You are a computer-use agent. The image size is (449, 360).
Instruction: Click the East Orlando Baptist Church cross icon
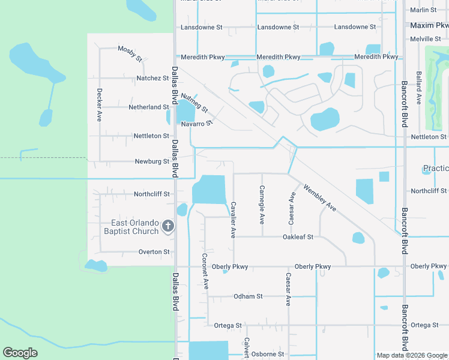tap(168, 226)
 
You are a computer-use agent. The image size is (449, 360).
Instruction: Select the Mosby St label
tap(130, 53)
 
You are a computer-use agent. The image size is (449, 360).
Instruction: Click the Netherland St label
tap(149, 107)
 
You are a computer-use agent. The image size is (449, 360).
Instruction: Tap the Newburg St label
tap(152, 161)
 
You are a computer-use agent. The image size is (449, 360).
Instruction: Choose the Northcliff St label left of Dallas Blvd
tap(152, 194)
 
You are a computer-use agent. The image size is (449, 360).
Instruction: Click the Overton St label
tap(154, 252)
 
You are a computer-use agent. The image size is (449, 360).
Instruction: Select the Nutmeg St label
tap(194, 103)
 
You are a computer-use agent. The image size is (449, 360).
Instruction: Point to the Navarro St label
tap(197, 123)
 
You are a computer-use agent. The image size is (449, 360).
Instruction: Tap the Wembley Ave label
tap(319, 197)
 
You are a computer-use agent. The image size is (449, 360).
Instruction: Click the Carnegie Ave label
tap(262, 208)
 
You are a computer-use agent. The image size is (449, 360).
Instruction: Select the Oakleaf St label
tap(298, 237)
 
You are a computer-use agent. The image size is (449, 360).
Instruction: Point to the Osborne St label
tap(267, 354)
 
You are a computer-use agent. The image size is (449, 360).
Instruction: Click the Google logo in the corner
tap(20, 353)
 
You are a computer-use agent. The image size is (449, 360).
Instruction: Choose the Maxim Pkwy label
tap(429, 25)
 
